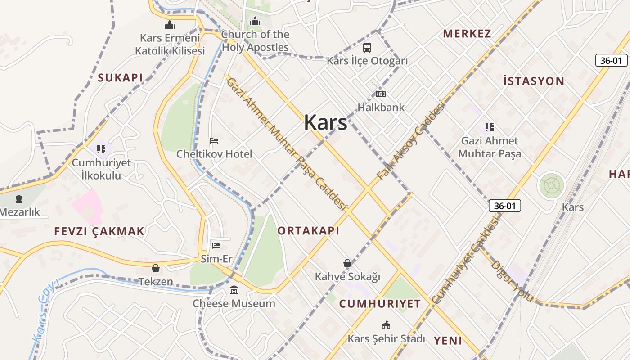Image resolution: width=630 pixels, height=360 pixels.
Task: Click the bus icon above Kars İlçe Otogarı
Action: click(x=367, y=47)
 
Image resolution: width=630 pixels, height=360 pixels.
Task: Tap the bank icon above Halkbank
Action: click(x=381, y=94)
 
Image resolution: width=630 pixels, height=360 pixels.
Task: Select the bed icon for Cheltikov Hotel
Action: click(x=214, y=141)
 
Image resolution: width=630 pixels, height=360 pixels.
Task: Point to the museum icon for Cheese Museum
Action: click(x=234, y=290)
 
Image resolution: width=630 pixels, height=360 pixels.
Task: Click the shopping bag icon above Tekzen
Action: click(x=156, y=268)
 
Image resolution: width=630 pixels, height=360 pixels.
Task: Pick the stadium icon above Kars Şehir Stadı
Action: click(x=386, y=325)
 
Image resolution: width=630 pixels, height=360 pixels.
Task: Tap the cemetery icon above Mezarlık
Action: click(x=18, y=198)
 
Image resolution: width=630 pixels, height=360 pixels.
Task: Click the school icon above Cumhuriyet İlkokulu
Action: click(x=101, y=149)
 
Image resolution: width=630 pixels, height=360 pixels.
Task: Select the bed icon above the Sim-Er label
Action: click(x=216, y=245)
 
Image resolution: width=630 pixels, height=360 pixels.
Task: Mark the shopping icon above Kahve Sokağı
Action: click(x=347, y=263)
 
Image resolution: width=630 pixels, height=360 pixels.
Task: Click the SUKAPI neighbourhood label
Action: click(x=121, y=78)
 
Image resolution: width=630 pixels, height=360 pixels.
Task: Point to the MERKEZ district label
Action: click(x=467, y=34)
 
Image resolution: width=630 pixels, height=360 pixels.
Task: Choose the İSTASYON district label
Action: click(x=534, y=81)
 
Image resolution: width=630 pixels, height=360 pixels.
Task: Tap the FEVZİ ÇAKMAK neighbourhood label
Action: click(x=99, y=231)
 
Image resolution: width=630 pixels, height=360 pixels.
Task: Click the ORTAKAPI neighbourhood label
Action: click(x=308, y=231)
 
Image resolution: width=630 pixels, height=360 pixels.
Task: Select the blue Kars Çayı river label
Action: click(x=45, y=310)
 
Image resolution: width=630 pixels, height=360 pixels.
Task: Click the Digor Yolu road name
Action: click(x=512, y=281)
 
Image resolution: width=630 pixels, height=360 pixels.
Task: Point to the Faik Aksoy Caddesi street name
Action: click(x=410, y=141)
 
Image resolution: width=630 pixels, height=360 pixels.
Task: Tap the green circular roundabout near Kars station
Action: click(x=552, y=185)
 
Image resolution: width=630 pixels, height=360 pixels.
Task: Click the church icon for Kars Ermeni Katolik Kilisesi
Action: click(x=170, y=25)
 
